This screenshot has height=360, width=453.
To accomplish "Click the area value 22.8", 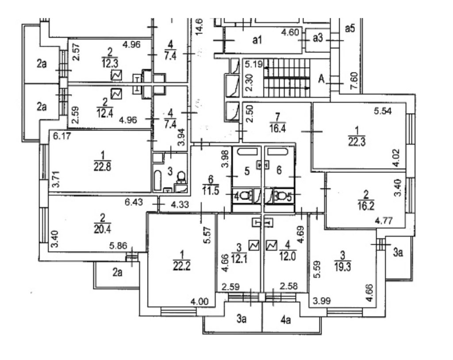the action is click(x=102, y=167).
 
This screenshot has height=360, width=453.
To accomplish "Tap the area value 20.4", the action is click(x=102, y=229).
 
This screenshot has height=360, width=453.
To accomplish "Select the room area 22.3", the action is click(x=357, y=142).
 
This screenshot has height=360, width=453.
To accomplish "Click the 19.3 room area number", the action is click(x=343, y=267).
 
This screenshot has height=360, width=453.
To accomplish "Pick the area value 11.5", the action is click(x=210, y=191).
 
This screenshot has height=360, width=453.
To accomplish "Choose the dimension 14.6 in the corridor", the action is click(x=200, y=27).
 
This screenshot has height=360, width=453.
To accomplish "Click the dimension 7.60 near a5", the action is click(x=354, y=81).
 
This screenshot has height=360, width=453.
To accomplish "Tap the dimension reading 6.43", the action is click(x=134, y=202).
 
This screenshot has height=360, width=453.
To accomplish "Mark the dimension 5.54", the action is click(x=383, y=111).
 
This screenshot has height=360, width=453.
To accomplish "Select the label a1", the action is click(x=257, y=40).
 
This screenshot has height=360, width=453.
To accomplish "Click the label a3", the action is click(x=318, y=38).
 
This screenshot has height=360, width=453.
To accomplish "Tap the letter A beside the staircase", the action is click(x=321, y=79).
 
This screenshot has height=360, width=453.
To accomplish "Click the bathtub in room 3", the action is click(x=157, y=181).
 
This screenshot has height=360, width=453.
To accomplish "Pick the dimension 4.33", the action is click(x=180, y=205).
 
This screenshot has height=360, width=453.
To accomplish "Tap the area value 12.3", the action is click(x=110, y=63).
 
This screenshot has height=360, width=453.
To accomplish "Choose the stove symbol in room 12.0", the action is click(x=272, y=245).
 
